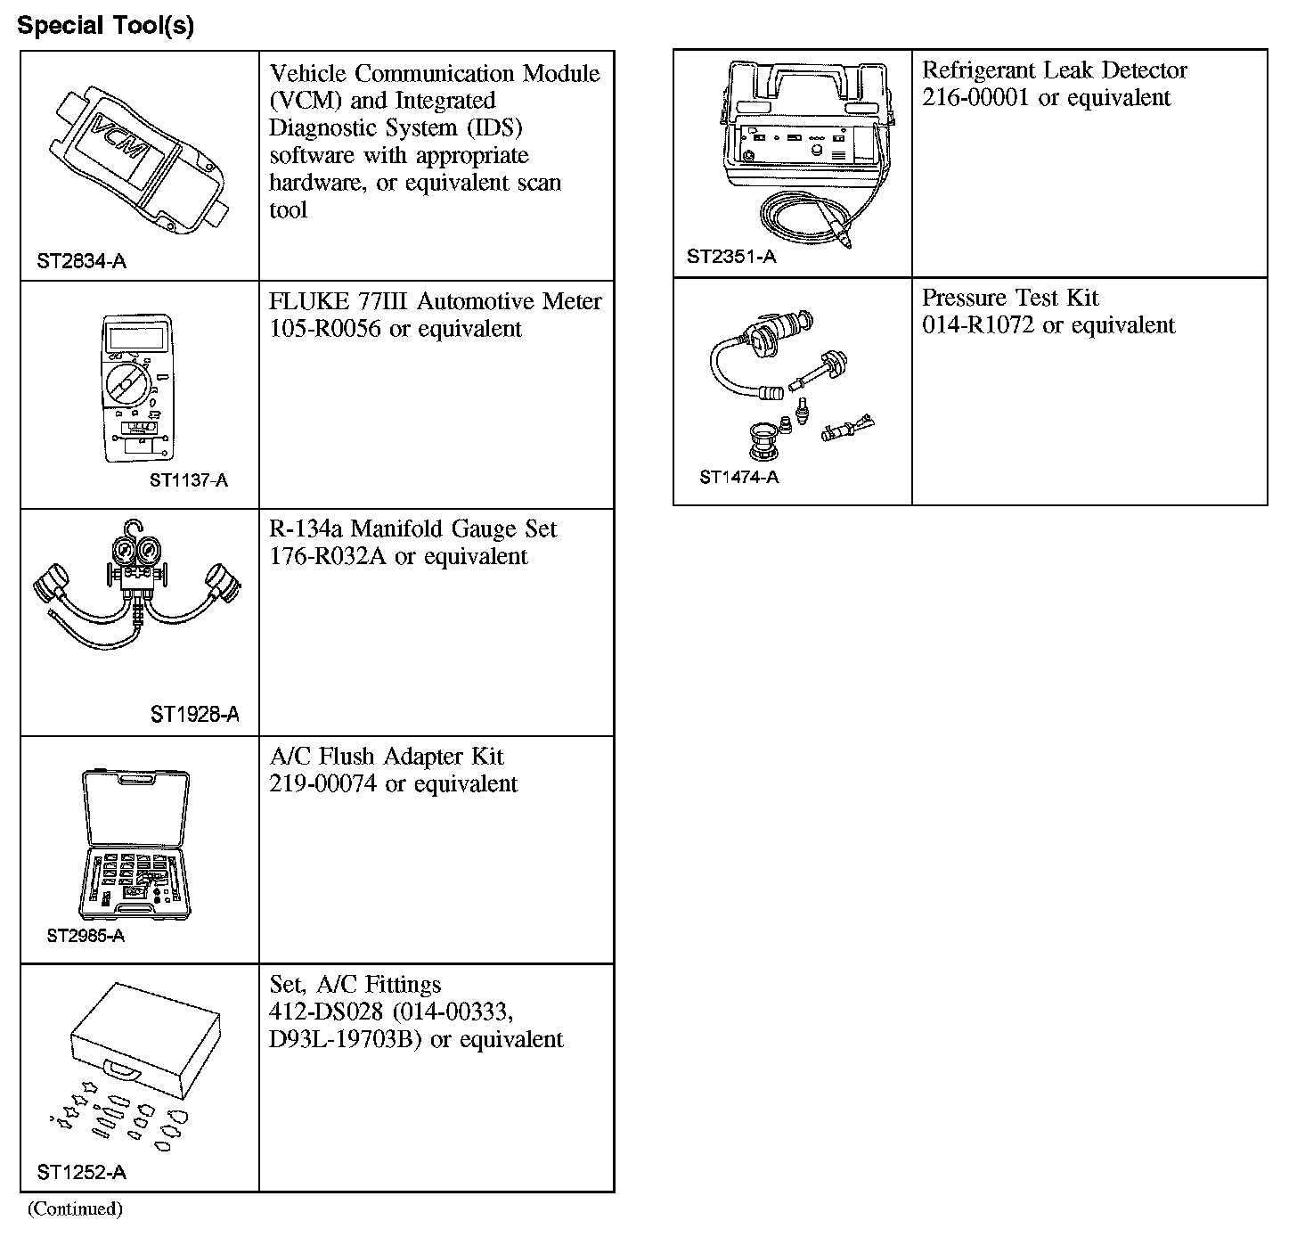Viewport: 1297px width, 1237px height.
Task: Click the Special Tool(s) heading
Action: (x=105, y=25)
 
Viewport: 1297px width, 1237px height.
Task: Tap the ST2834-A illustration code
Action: (x=81, y=261)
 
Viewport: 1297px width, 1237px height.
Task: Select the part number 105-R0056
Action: (x=324, y=329)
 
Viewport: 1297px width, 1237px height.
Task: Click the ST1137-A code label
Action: (x=189, y=480)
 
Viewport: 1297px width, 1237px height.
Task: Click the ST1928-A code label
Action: (x=194, y=714)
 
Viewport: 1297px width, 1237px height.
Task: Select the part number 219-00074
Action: (x=322, y=784)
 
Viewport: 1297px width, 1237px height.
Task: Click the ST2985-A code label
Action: (x=86, y=936)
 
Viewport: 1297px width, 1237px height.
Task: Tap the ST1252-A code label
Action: (x=81, y=1172)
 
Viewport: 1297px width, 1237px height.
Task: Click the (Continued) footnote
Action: (x=75, y=1209)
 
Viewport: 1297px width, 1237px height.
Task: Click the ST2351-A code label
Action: (x=731, y=257)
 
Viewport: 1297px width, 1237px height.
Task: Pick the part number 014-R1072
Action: (x=978, y=325)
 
